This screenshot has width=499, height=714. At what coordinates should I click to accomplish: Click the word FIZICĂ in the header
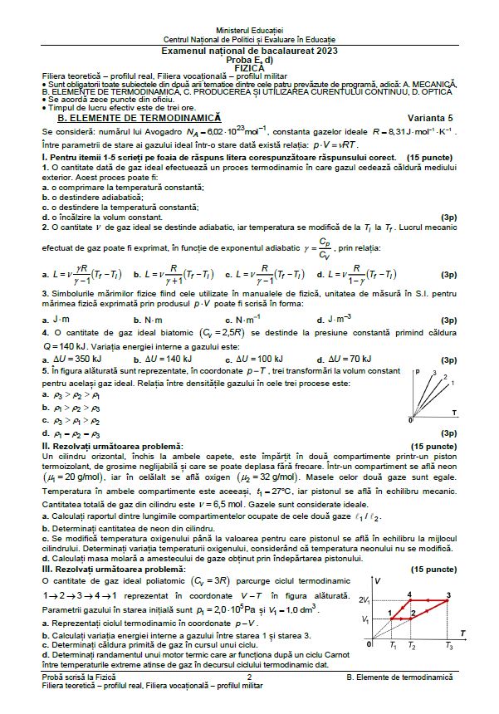pyautogui.click(x=249, y=67)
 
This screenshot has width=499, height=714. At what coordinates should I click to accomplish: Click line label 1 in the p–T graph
pyautogui.click(x=453, y=378)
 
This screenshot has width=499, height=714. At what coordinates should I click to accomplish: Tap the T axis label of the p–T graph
pyautogui.click(x=453, y=411)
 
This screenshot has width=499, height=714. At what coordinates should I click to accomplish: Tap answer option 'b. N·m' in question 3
pyautogui.click(x=159, y=320)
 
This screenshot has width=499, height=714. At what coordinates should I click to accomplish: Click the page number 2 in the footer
pyautogui.click(x=249, y=677)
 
